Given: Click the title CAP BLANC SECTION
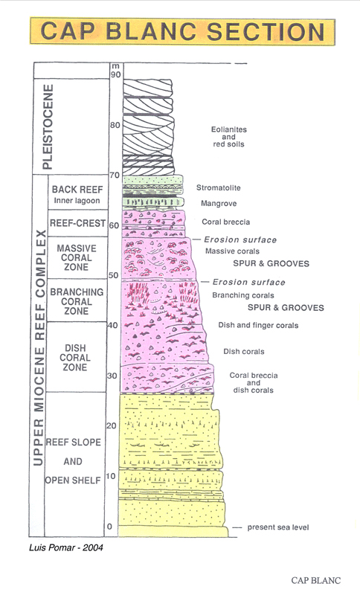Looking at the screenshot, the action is coord(182,31).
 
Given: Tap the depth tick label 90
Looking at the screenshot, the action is coord(116,74).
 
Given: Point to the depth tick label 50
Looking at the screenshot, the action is coord(113,275).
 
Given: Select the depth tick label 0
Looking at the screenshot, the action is coord(109,527).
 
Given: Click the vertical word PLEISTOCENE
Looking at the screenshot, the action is coord(48,126).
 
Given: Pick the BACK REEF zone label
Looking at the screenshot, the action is coord(77,190).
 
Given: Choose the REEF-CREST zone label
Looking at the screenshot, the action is coord(78,223).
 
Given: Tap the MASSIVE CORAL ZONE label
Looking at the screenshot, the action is coord(77,257).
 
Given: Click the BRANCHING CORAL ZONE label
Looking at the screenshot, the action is coord(77,302).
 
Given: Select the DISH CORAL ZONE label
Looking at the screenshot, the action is coord(75,358).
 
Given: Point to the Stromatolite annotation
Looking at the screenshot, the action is coord(218,187).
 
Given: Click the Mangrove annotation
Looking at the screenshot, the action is coord(219,203).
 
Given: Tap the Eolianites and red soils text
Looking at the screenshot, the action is coord(229,137).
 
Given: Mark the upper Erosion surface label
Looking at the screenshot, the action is coord(240,239).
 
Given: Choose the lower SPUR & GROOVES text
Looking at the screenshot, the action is coord(286,307).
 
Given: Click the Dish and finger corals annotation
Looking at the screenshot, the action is coord(258,325).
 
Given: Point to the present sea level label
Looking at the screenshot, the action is coord(278,527).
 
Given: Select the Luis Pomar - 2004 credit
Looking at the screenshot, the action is coord(66,547).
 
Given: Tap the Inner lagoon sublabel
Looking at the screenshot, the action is coord(77,201).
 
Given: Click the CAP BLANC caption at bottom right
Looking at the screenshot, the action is coord(316,580).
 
